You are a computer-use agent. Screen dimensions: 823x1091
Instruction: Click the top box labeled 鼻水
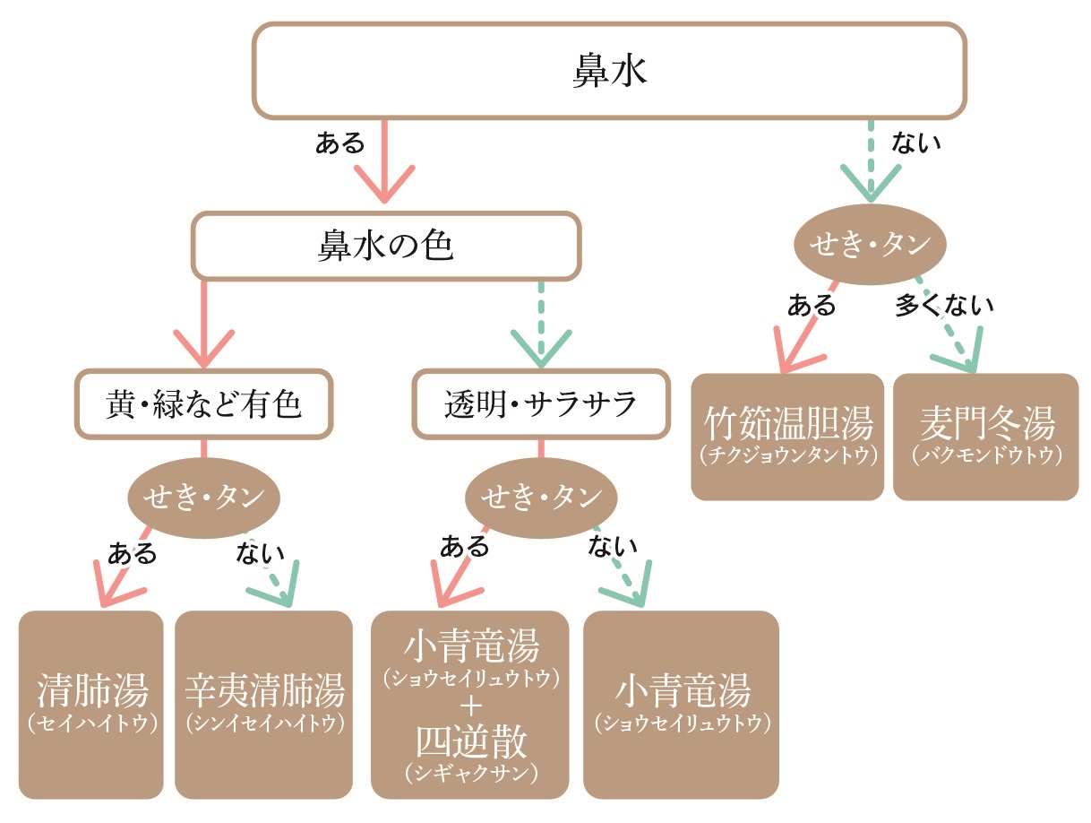[609, 71]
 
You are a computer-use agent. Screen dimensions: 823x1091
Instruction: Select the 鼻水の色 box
[386, 246]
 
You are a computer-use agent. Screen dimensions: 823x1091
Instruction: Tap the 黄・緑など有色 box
[203, 404]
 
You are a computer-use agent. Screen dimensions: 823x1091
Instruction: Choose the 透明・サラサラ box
[540, 404]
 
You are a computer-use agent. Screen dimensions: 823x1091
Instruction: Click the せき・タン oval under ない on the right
[871, 244]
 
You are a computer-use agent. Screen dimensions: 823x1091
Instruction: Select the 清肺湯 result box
[92, 703]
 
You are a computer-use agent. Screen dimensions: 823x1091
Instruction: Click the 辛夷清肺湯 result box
[264, 703]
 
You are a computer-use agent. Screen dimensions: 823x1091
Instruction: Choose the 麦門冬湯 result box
[986, 436]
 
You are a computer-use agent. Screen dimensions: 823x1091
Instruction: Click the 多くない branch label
[944, 306]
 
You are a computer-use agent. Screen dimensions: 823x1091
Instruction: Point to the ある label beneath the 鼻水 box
[340, 143]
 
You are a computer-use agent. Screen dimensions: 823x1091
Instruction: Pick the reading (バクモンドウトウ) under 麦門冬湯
[986, 456]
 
